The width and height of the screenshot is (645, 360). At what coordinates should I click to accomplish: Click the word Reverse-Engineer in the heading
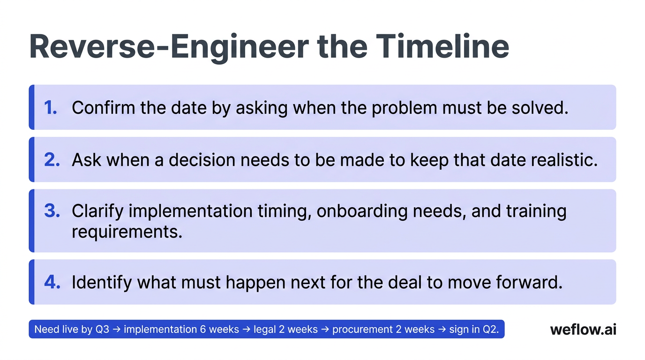coord(168,46)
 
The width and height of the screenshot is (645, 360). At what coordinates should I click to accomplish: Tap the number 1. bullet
coord(51,108)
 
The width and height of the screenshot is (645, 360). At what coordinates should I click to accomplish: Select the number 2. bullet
coord(52,160)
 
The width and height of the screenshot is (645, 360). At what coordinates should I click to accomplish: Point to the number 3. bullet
coord(52,211)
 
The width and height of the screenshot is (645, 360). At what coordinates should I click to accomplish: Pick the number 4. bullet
coord(52,282)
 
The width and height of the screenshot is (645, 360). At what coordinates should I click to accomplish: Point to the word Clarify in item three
coord(97,211)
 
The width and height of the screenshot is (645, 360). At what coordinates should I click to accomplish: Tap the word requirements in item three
coord(127,232)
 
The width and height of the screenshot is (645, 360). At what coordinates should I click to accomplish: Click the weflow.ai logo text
coord(583,330)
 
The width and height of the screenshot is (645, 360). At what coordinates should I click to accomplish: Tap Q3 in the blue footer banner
coord(102,330)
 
